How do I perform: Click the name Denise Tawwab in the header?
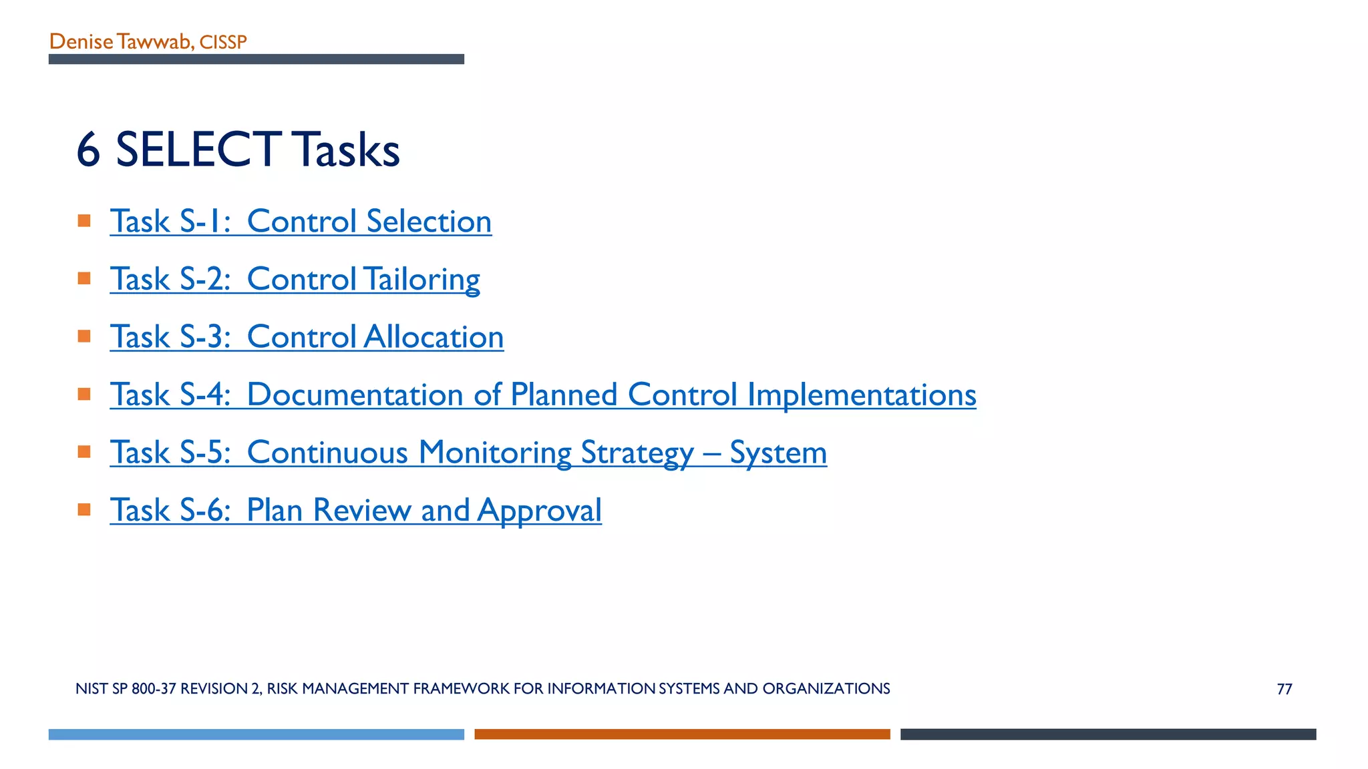pos(120,42)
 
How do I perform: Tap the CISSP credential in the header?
pos(223,43)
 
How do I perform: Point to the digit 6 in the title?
pos(88,150)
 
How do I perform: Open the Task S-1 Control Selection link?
pos(301,222)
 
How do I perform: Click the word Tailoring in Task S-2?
pos(421,280)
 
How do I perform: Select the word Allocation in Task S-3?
pos(434,337)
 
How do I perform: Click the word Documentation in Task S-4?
pos(355,395)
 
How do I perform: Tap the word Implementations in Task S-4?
pos(861,395)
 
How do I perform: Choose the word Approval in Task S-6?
pos(539,511)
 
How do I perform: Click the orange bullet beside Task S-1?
pos(84,221)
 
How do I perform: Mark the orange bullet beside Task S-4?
pos(84,394)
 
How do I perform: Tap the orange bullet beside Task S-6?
pos(84,510)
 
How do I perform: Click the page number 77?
pos(1284,689)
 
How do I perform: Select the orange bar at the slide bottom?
pos(682,734)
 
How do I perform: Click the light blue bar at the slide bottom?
pos(256,734)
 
